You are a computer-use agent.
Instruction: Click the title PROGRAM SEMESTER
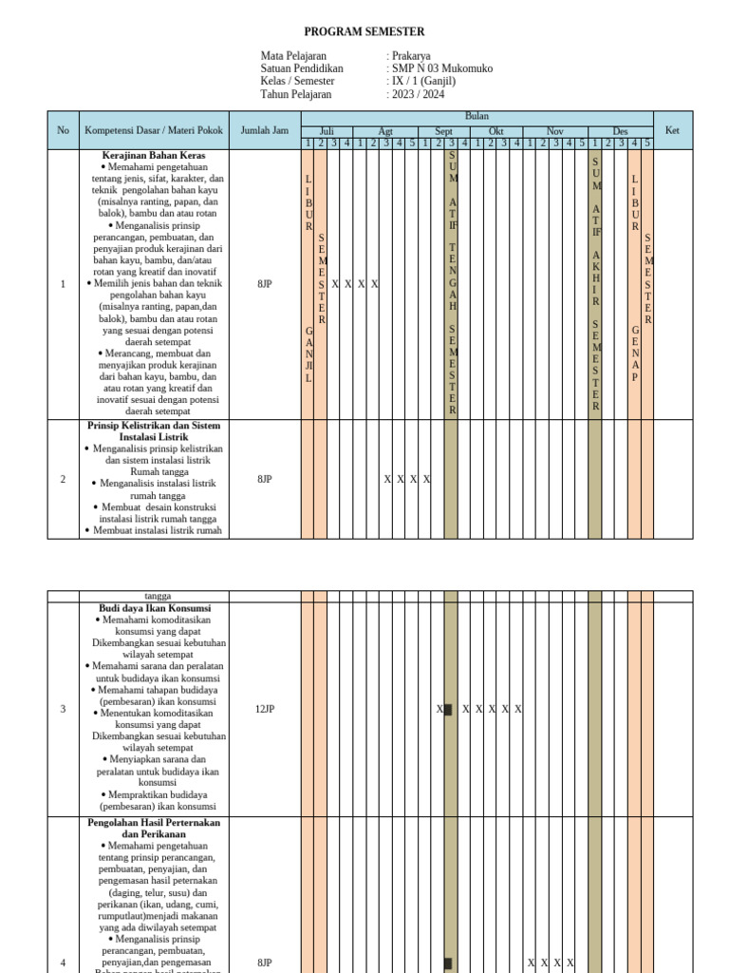click(364, 31)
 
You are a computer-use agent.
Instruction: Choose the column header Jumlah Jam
click(264, 130)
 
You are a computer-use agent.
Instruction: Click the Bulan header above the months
click(477, 116)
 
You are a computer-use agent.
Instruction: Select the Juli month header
click(327, 131)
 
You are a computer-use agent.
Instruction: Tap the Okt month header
click(496, 131)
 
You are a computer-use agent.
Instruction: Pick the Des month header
click(620, 131)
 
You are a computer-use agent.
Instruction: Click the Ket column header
click(673, 130)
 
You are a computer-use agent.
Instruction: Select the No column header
click(64, 130)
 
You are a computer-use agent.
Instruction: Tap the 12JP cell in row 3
click(264, 709)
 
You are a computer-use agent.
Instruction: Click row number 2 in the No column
click(64, 479)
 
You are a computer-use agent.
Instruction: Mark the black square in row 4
click(448, 963)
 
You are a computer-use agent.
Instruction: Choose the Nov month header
click(555, 131)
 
